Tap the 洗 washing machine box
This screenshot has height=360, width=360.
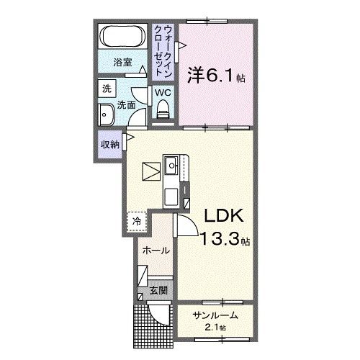pos(107,89)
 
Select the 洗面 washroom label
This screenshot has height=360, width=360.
pos(128,105)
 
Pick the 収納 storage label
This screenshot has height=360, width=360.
pos(110,144)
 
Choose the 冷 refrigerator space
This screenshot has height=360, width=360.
pos(136,221)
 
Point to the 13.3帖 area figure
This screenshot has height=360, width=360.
pos(224,240)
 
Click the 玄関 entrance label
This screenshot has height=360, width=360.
pos(158,291)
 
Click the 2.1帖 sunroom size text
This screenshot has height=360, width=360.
pos(214,328)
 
